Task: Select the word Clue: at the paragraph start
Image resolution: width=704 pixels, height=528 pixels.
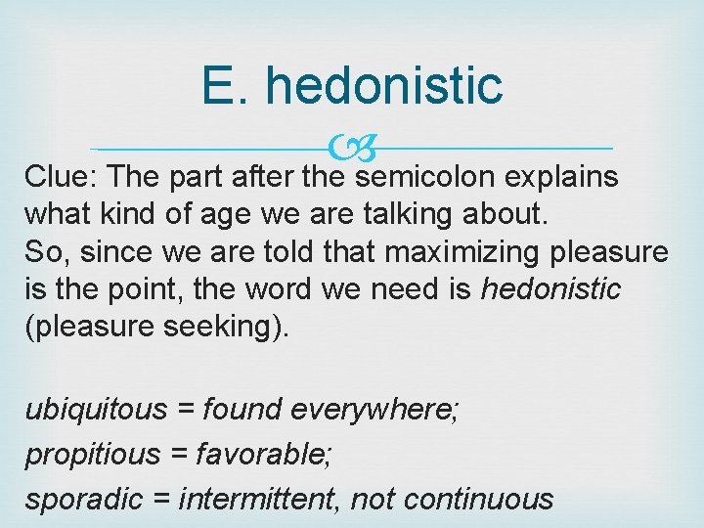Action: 63,177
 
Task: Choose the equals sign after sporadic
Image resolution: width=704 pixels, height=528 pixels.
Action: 162,500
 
